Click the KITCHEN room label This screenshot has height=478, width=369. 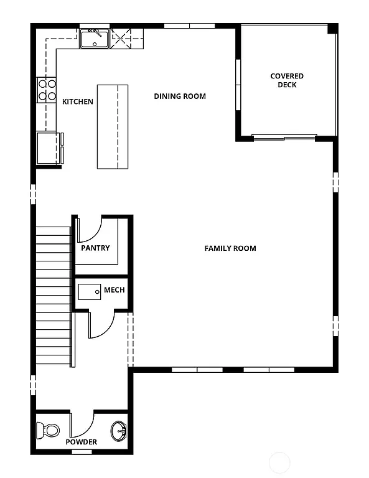pyautogui.click(x=78, y=101)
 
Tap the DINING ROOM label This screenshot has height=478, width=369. pyautogui.click(x=180, y=96)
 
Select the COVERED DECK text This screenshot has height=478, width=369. pyautogui.click(x=287, y=80)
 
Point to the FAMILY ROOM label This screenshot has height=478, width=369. pyautogui.click(x=230, y=248)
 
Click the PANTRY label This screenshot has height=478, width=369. pyautogui.click(x=95, y=248)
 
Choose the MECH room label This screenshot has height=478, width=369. pyautogui.click(x=114, y=290)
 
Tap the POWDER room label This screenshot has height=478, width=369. pyautogui.click(x=82, y=442)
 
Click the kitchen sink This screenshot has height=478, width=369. pyautogui.click(x=95, y=39)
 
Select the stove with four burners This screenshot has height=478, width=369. pyautogui.click(x=47, y=90)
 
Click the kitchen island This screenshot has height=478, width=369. pyautogui.click(x=112, y=126)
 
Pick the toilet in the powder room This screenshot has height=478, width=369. pyautogui.click(x=48, y=429)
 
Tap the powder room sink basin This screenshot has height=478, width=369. pyautogui.click(x=119, y=429)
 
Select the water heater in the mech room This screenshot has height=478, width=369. pyautogui.click(x=89, y=291)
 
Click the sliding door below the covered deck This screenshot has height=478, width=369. pyautogui.click(x=284, y=136)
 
